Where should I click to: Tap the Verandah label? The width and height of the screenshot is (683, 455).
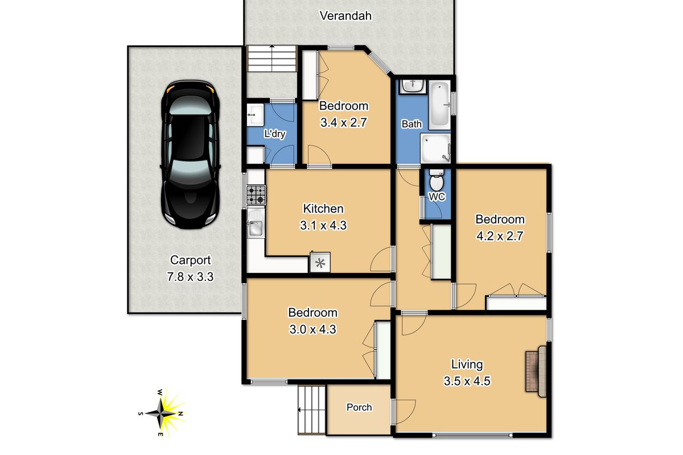(345, 16)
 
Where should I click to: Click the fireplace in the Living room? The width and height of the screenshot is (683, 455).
(536, 371)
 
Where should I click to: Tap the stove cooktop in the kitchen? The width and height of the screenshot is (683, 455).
(256, 195)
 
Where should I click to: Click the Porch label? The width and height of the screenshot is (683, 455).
(359, 407)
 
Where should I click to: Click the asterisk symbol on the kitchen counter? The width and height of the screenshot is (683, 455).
(320, 263)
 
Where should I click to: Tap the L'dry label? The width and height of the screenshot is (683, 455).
(274, 134)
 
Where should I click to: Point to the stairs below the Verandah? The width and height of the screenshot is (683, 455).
(272, 59)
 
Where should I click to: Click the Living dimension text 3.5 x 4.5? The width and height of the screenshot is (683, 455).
(467, 381)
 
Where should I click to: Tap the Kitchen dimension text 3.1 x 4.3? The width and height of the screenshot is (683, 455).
(323, 225)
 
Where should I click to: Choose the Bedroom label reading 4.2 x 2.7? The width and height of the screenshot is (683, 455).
(500, 237)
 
